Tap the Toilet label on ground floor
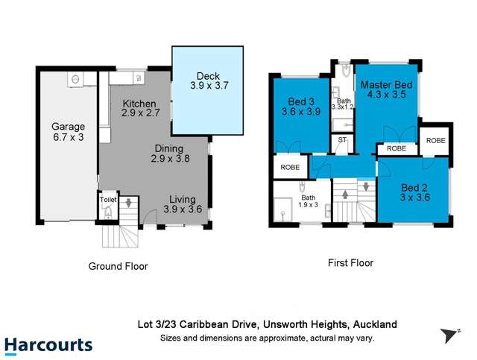click(108, 200)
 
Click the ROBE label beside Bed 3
click(291, 168)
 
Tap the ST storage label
click(342, 139)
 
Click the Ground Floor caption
click(118, 266)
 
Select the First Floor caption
click(350, 263)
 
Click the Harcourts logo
click(48, 345)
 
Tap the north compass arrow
click(449, 335)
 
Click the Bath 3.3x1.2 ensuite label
click(344, 104)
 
